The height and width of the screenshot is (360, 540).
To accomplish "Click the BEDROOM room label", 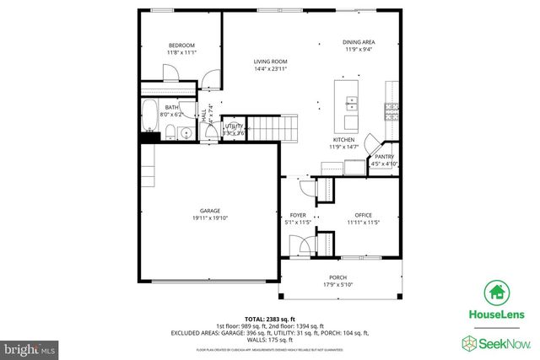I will (x=181, y=46).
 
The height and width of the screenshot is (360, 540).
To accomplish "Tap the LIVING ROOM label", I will (x=272, y=62).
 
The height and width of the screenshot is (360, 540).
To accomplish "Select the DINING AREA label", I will (x=359, y=42).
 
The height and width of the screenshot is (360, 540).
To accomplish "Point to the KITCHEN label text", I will (x=343, y=140).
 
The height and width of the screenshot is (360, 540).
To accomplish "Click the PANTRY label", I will (x=384, y=157).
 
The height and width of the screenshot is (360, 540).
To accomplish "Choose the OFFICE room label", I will (x=363, y=215).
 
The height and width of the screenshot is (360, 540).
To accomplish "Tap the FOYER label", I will (x=298, y=215).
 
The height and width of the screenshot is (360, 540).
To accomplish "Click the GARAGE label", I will (x=209, y=211).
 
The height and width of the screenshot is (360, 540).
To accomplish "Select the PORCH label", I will (x=337, y=277).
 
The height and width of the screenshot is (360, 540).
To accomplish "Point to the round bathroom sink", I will (x=186, y=132).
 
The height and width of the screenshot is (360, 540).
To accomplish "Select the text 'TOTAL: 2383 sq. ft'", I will (x=270, y=318).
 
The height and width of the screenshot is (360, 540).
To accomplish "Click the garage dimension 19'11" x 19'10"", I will (x=209, y=218).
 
